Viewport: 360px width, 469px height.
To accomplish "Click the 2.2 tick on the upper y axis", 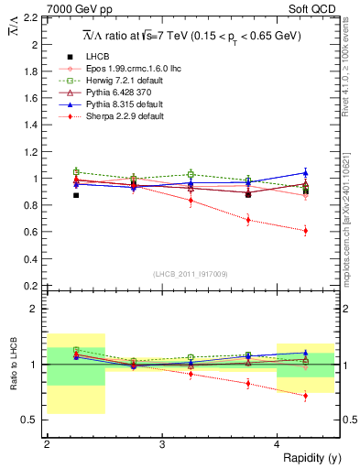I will coord(31,17).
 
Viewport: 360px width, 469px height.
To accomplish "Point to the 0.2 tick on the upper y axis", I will coord(31,286).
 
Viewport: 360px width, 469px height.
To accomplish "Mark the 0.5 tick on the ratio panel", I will coord(31,420).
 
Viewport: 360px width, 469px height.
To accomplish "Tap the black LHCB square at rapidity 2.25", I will coord(76,195).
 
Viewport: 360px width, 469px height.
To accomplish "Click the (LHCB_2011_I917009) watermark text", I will coord(191,274).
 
